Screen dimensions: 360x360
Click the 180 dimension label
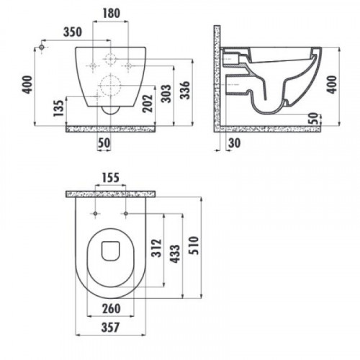tap(112, 13)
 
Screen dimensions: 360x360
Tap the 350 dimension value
tap(73, 32)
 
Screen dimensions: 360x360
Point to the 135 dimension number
tap(59, 108)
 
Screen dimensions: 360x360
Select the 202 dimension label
tap(148, 104)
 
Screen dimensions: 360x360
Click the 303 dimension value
tap(166, 94)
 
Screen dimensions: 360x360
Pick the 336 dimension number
tap(185, 90)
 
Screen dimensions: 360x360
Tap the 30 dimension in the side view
tap(234, 143)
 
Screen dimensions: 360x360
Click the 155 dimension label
tap(111, 178)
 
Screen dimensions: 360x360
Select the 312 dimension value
tap(156, 248)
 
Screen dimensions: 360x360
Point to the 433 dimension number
tap(175, 254)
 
